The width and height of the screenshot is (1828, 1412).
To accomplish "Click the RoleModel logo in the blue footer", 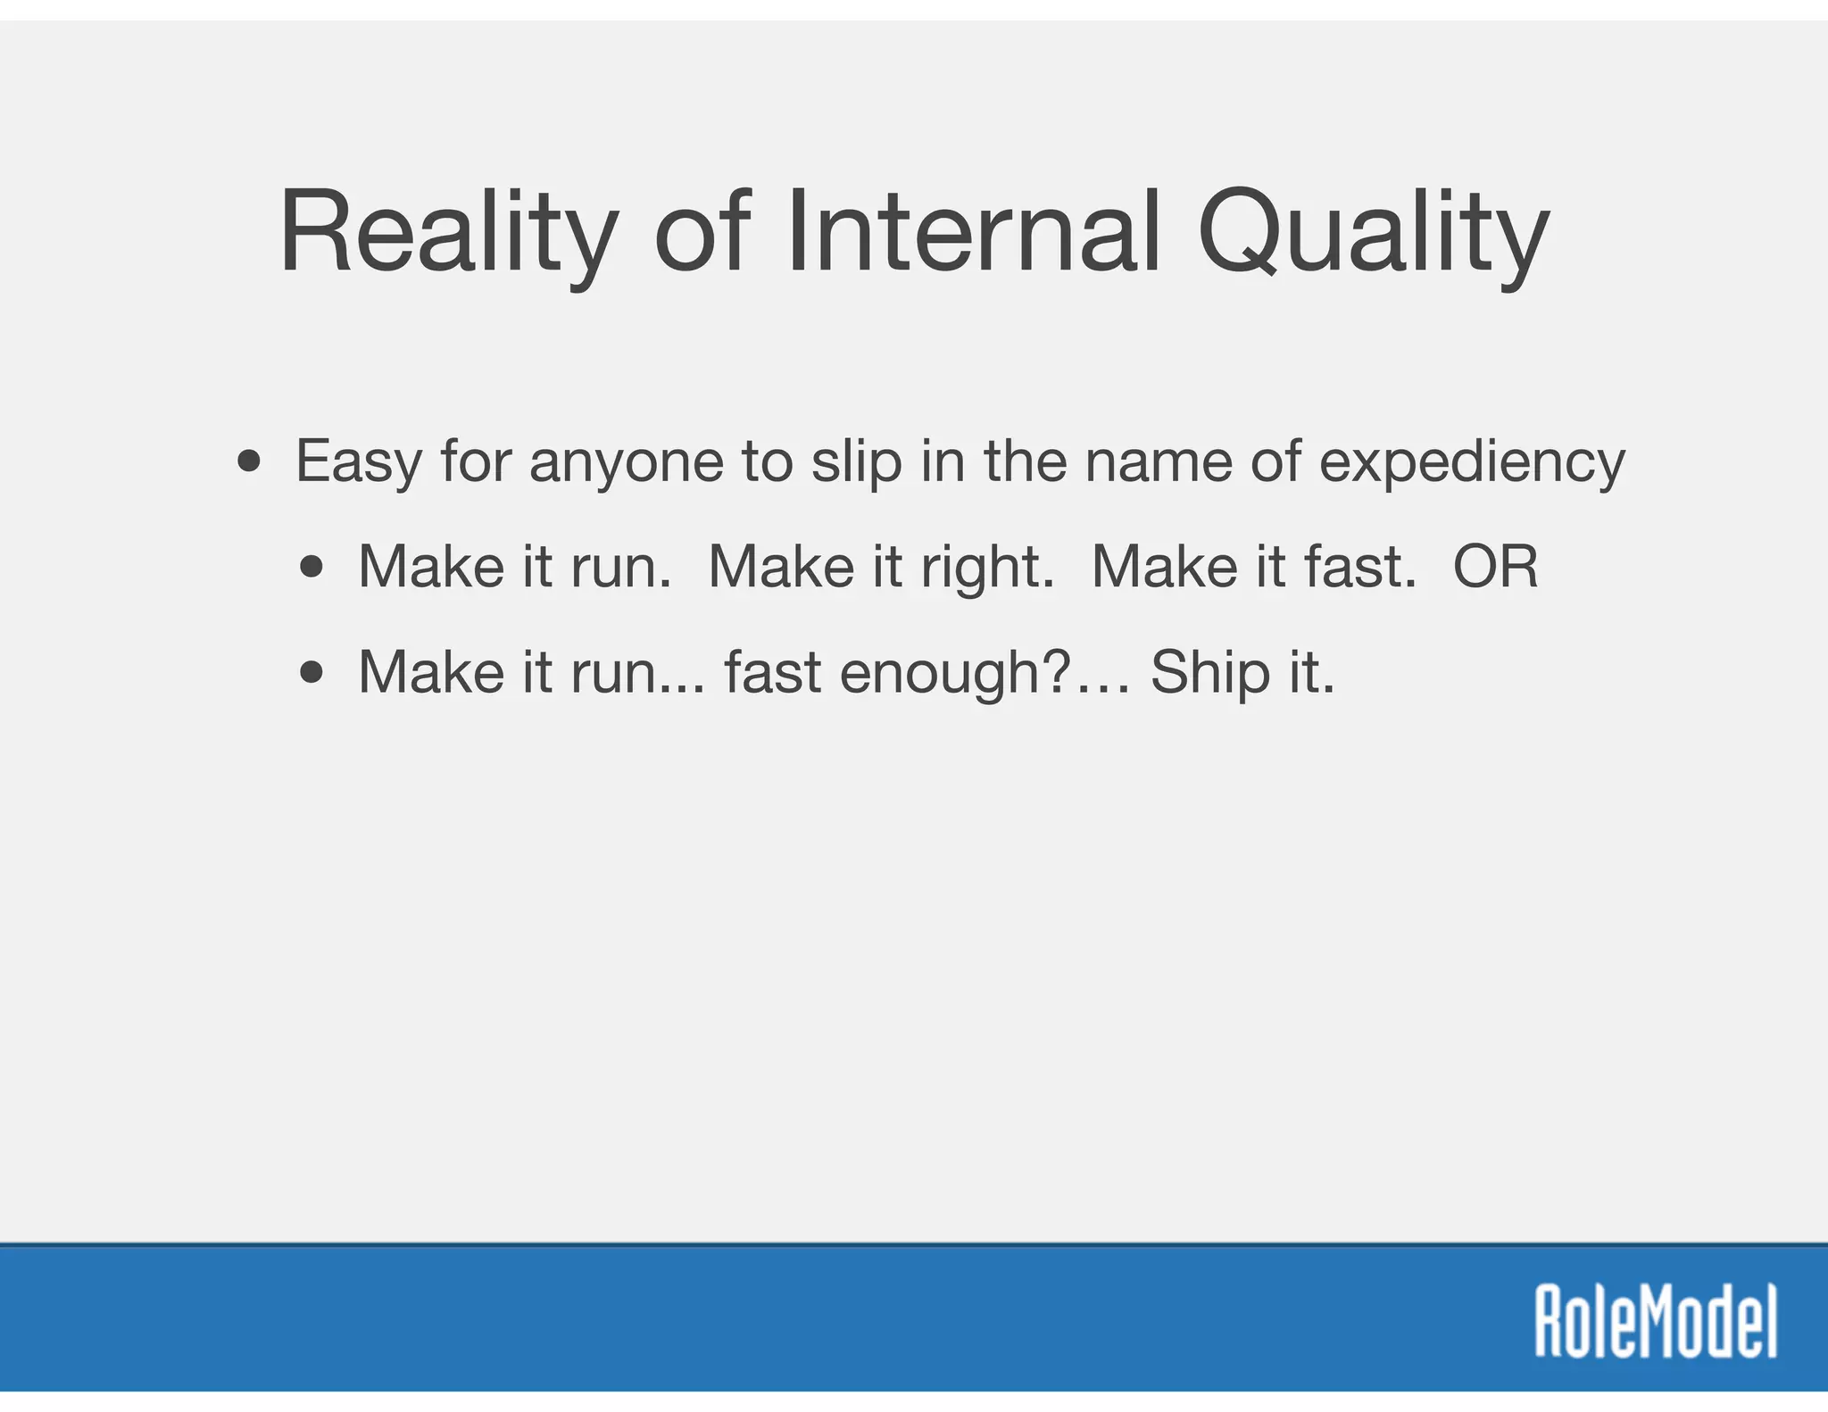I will [x=1656, y=1321].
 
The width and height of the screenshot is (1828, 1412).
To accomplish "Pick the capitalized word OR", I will [x=1495, y=567].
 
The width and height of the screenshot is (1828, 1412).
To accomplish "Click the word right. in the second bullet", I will [x=986, y=569].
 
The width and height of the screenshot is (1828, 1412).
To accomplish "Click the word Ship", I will [x=1209, y=674].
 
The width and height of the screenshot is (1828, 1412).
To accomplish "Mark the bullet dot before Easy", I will [x=250, y=462].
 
